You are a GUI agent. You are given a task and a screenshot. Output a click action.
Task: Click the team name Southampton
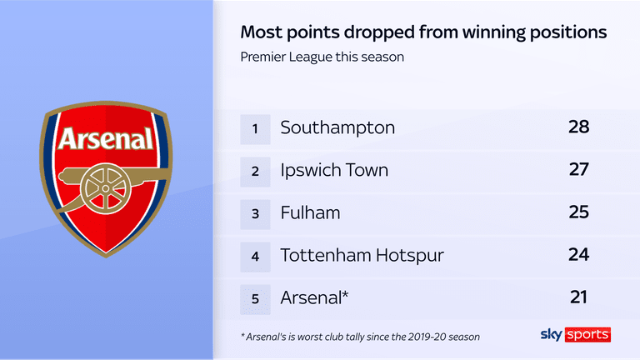(x=337, y=127)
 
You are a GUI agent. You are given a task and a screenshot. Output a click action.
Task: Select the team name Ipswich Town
(x=334, y=170)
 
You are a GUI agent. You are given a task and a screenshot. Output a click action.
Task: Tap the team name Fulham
(x=310, y=212)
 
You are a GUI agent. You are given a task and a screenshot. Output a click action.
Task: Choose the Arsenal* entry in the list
(x=315, y=297)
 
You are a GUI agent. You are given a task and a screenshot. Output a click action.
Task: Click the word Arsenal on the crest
(x=105, y=137)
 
